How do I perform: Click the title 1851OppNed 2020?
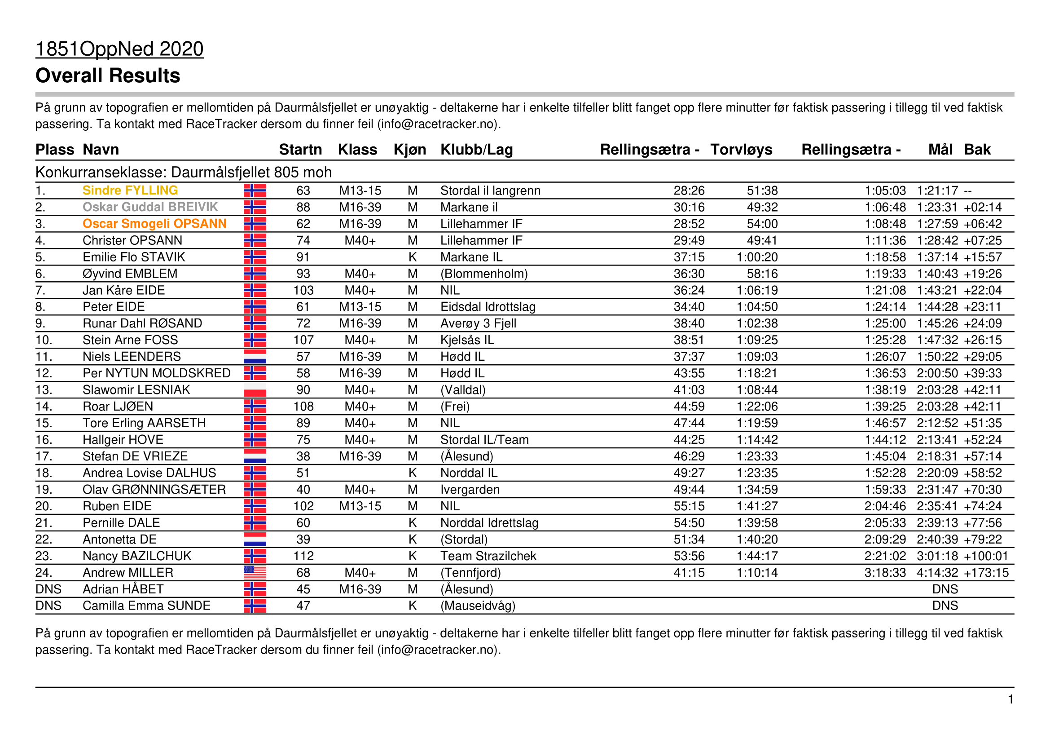(x=119, y=49)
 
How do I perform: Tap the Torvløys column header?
(x=741, y=150)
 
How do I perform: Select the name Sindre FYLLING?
(x=130, y=190)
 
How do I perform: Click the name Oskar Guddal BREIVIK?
(x=150, y=207)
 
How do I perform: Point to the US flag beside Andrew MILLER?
(x=255, y=572)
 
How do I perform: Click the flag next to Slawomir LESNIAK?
(x=255, y=390)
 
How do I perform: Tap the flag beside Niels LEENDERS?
(x=255, y=356)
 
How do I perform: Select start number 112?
(x=303, y=556)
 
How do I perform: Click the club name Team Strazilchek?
(x=488, y=556)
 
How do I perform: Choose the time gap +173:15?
(x=986, y=572)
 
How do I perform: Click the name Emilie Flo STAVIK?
(x=133, y=257)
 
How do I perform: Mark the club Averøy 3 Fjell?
(x=478, y=323)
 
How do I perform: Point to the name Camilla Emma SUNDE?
(x=146, y=605)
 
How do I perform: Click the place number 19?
(x=44, y=490)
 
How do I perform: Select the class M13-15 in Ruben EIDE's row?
(x=360, y=506)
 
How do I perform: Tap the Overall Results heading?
(x=107, y=75)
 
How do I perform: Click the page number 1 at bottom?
(x=1010, y=699)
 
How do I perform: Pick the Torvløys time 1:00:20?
(x=756, y=257)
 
